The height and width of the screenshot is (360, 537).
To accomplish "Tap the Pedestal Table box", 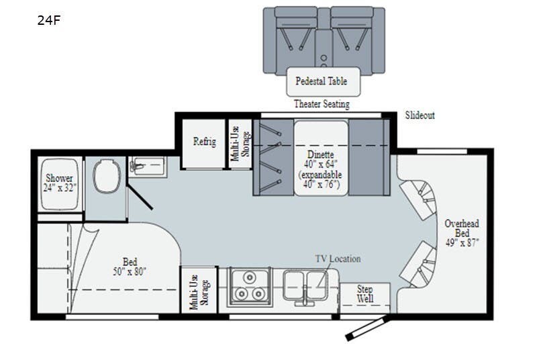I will tap(322, 81).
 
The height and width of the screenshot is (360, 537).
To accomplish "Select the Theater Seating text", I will tap(322, 104).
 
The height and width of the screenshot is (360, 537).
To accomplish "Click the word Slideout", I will tap(420, 116).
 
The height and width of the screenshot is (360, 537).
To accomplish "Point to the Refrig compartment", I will tap(204, 142).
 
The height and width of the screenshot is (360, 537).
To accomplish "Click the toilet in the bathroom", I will tap(105, 176).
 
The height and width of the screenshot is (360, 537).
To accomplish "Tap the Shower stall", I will tap(59, 183).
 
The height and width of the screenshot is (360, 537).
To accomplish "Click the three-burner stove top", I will tap(249, 287).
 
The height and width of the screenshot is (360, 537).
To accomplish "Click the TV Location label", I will tap(338, 259).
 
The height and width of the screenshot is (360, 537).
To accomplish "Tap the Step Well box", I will tap(364, 294).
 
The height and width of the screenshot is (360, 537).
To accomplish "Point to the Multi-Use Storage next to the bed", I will tap(198, 290).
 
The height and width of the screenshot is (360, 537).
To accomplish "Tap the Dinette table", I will tap(320, 158).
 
